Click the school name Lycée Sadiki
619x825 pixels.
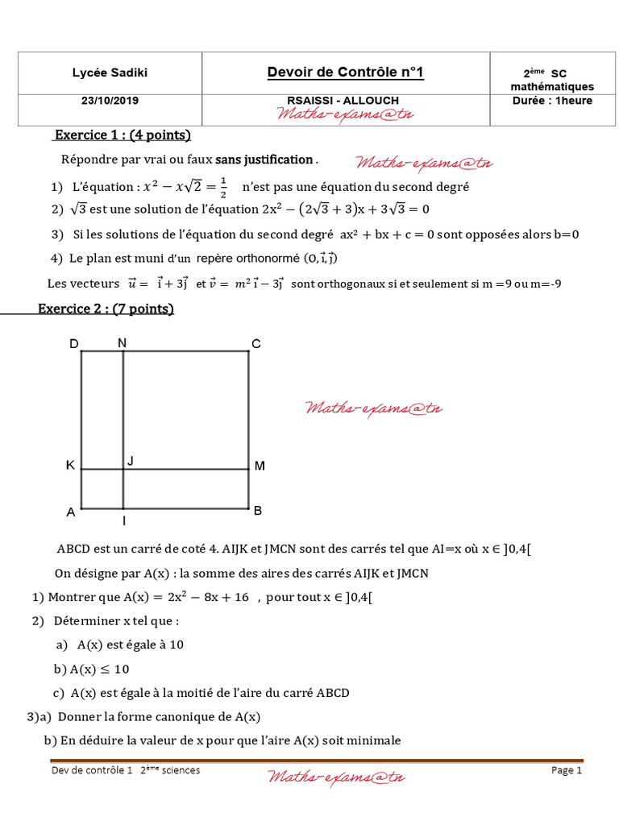click(110, 73)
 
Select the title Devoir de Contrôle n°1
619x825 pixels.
click(345, 73)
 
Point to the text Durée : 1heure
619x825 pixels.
click(552, 101)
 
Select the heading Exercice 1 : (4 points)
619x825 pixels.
click(122, 135)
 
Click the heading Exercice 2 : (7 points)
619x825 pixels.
click(106, 309)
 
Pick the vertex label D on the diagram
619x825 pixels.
click(73, 345)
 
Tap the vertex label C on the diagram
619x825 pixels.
click(255, 345)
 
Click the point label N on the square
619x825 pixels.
click(122, 343)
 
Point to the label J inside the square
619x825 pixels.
click(131, 461)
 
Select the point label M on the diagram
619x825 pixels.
click(260, 466)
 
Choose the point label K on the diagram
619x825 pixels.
click(70, 466)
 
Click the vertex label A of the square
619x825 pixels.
click(71, 512)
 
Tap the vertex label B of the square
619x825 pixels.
click(258, 511)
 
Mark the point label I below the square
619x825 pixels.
click(124, 521)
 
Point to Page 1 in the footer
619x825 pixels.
click(567, 770)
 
